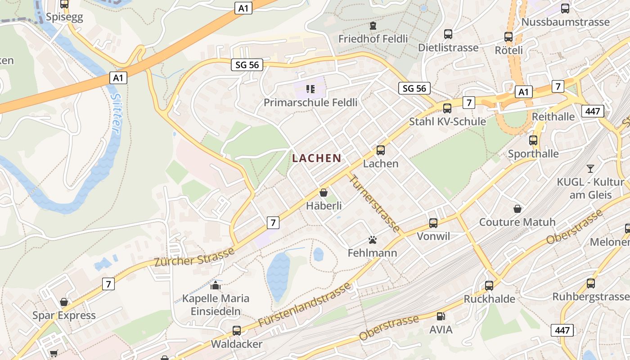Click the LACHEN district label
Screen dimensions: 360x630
pyautogui.click(x=316, y=158)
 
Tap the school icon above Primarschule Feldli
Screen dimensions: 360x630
pyautogui.click(x=310, y=89)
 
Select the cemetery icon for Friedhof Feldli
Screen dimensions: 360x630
pyautogui.click(x=373, y=25)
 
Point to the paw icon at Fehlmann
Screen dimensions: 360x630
pyautogui.click(x=372, y=239)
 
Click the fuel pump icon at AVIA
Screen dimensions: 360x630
pyautogui.click(x=441, y=316)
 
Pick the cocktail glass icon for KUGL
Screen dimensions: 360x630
pyautogui.click(x=590, y=169)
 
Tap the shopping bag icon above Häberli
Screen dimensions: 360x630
pyautogui.click(x=323, y=193)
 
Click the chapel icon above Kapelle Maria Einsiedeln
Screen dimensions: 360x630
pyautogui.click(x=216, y=285)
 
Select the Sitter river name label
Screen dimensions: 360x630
pyautogui.click(x=116, y=113)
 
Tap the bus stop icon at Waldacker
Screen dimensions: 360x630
pyautogui.click(x=237, y=331)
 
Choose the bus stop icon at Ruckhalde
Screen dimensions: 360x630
pyautogui.click(x=489, y=285)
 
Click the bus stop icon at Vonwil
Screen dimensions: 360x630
pyautogui.click(x=433, y=223)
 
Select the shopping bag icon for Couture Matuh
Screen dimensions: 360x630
pyautogui.click(x=517, y=209)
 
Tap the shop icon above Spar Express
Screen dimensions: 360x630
pyautogui.click(x=64, y=301)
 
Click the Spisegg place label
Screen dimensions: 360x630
pyautogui.click(x=64, y=18)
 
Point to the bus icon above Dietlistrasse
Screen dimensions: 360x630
pyautogui.click(x=448, y=34)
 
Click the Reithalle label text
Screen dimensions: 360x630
pyautogui.click(x=553, y=117)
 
